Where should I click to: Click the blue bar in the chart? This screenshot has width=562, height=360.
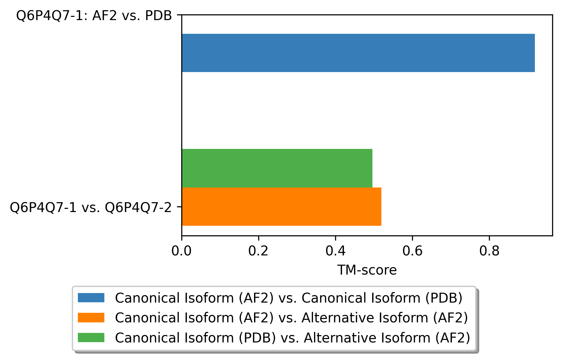358,53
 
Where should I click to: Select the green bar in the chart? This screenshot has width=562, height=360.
277,168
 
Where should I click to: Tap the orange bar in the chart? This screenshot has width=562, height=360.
281,207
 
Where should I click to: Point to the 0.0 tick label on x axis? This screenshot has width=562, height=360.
181,251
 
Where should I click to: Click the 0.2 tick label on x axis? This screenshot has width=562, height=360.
258,251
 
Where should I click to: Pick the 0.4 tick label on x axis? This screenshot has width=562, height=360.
335,251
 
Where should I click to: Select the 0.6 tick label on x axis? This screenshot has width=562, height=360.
412,251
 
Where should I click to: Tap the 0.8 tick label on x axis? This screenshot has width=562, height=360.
489,251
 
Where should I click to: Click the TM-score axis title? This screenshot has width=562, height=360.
367,270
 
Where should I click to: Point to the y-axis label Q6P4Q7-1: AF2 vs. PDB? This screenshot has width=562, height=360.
94,16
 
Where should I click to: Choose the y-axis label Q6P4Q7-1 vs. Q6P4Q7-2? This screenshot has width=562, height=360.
91,208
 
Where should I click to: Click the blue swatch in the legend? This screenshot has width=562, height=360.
91,298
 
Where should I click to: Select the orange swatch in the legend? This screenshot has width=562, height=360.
91,318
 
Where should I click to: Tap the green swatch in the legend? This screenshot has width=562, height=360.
91,337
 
